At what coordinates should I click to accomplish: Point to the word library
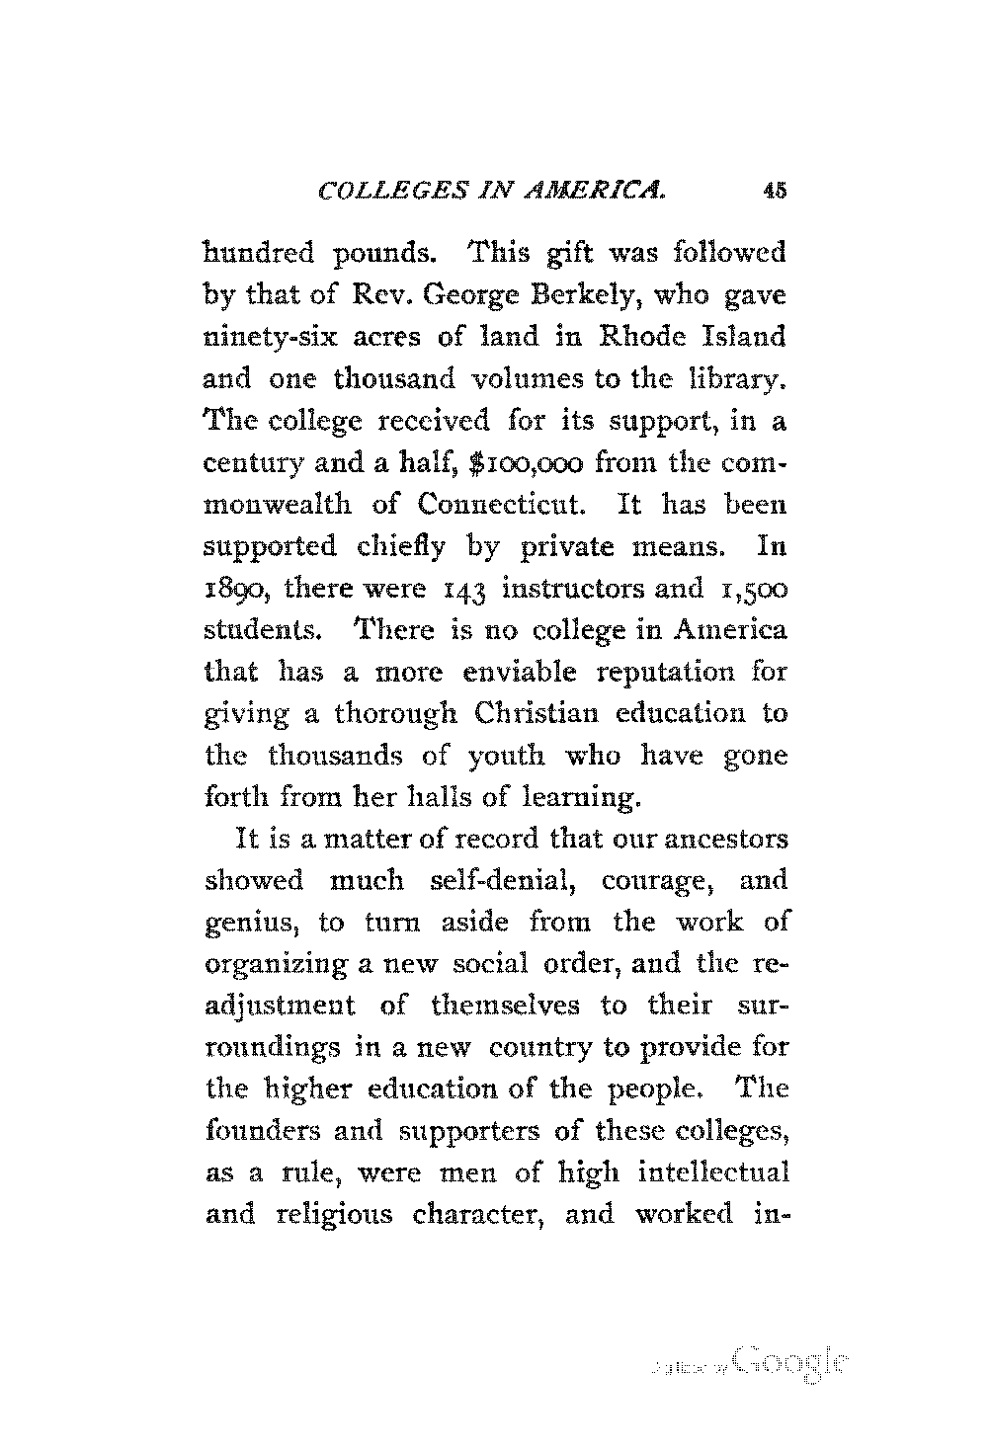tap(735, 379)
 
